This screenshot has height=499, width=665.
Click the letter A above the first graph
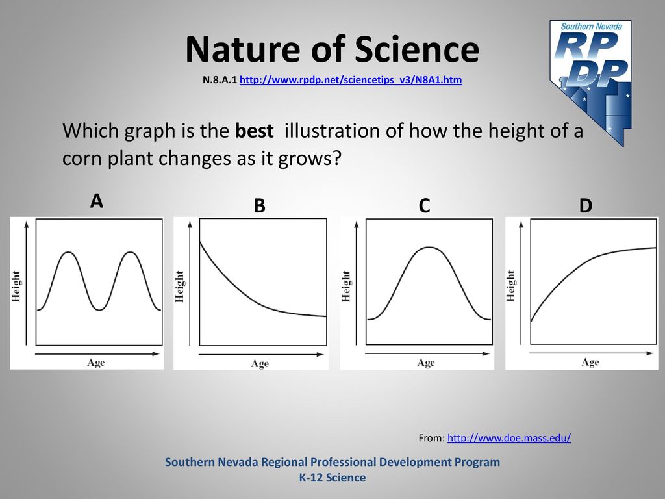click(97, 201)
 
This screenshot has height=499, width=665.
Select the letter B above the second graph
click(259, 206)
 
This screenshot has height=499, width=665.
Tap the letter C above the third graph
click(424, 206)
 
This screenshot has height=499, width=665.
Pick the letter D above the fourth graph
click(585, 206)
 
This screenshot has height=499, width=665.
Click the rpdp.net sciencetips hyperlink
click(351, 80)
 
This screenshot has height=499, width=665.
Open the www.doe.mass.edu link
click(509, 438)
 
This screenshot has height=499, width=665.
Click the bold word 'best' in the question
click(254, 131)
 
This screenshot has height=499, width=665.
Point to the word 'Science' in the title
click(417, 49)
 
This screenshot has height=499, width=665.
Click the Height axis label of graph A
click(16, 287)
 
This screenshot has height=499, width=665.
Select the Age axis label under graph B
click(260, 364)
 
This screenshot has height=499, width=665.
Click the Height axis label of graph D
click(510, 286)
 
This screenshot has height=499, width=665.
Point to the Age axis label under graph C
click(426, 363)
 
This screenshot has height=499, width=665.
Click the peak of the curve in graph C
click(429, 248)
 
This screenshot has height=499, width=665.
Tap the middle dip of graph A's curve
click(99, 310)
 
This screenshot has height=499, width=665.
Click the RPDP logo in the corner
click(590, 83)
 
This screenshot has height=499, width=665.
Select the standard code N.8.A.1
click(220, 80)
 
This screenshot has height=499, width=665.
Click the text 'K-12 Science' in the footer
click(332, 478)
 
